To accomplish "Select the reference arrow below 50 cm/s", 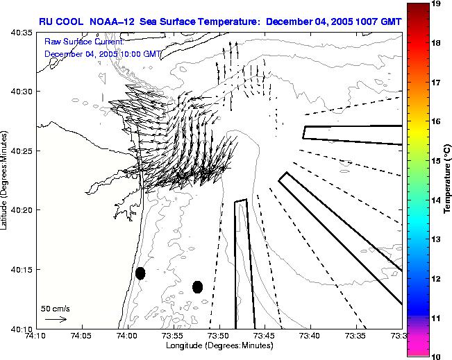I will [56, 319].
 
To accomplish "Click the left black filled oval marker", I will [140, 273].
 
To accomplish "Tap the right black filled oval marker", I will [197, 286].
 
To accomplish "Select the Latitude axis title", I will [6, 180].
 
